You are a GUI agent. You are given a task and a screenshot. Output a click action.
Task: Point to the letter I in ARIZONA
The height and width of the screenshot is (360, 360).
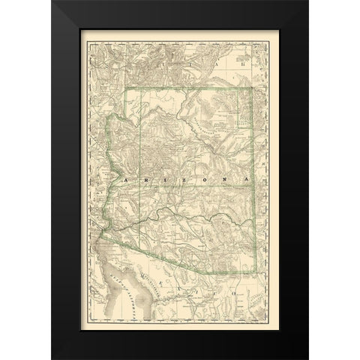[x=161, y=181]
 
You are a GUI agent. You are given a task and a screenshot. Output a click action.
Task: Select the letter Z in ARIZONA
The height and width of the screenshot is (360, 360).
[x=180, y=181]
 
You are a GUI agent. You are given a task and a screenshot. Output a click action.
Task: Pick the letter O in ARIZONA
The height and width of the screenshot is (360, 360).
[x=201, y=181]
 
